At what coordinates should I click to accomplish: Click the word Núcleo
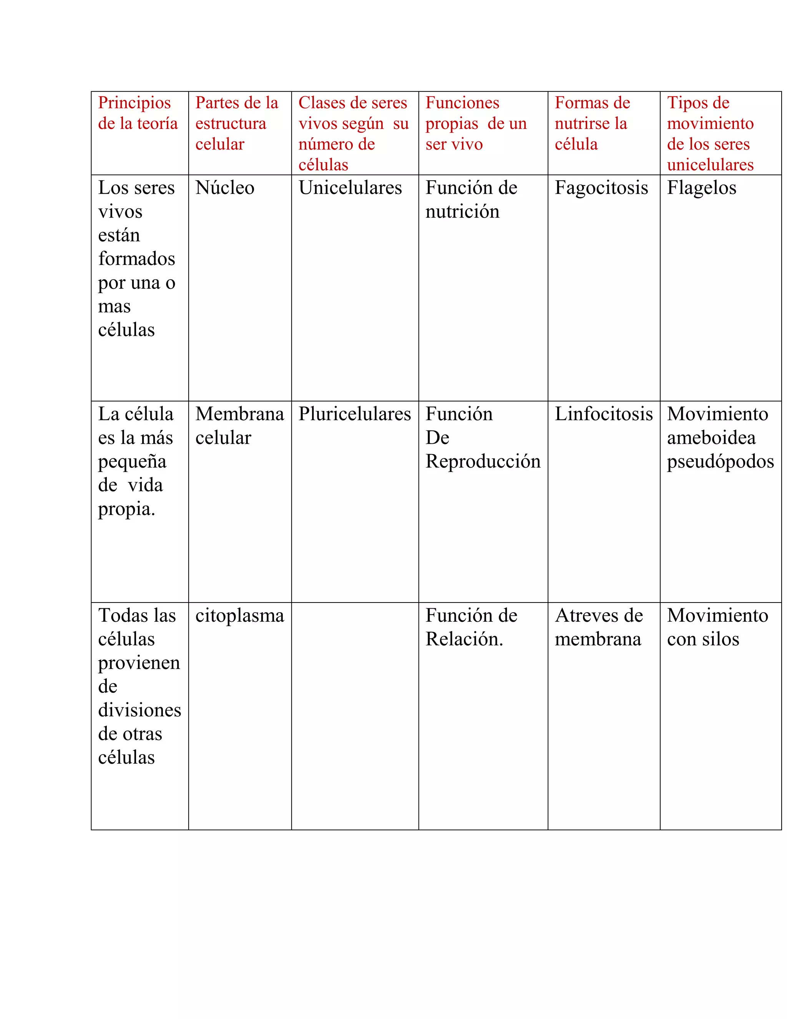click(225, 188)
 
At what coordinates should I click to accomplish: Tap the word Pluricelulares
click(355, 414)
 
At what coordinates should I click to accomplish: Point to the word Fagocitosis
click(601, 188)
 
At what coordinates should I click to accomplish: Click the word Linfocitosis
click(603, 414)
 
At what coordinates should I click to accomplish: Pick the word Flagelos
click(701, 188)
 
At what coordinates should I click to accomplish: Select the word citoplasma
click(240, 616)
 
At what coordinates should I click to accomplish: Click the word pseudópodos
click(721, 462)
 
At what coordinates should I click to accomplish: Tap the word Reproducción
click(483, 462)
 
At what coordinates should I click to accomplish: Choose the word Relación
click(464, 639)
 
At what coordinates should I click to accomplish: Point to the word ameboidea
click(711, 438)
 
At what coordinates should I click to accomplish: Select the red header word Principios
click(134, 103)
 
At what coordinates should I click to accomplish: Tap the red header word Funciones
click(462, 103)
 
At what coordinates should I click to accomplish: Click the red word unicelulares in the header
click(710, 165)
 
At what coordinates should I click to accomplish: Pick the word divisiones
click(139, 710)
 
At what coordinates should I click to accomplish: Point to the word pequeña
click(132, 462)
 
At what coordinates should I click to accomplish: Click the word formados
click(136, 259)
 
